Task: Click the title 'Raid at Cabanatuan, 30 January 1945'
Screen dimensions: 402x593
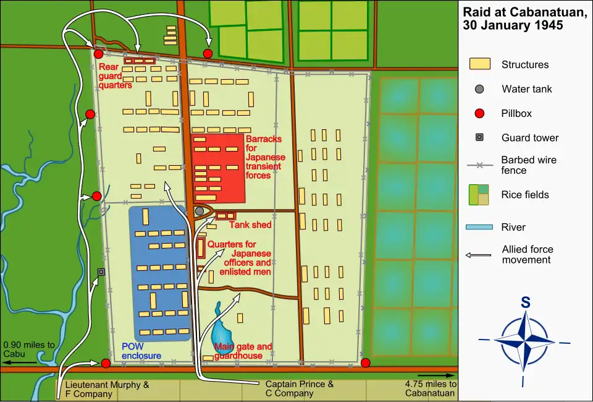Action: coord(525,19)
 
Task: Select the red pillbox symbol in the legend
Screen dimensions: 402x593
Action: coord(479,113)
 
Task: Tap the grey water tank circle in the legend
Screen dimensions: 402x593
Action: coord(479,89)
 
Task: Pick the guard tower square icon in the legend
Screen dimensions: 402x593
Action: coord(479,138)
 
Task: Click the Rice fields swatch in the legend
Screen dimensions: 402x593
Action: coord(479,195)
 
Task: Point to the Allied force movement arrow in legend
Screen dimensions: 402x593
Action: coord(479,255)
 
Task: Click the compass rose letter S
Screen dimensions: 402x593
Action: coord(525,303)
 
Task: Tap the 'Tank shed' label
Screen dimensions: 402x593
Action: coord(250,225)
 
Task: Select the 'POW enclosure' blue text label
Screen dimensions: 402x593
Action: coord(141,351)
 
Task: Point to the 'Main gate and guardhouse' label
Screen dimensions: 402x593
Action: coord(243,351)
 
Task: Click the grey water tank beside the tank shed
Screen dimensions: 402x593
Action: coord(200,212)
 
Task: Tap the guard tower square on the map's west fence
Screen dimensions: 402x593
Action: coord(101,272)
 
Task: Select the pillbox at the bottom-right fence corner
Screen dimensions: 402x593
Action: coord(366,362)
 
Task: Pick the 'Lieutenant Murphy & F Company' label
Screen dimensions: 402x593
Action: coord(103,388)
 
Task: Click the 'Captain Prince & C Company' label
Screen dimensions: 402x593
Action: coord(300,388)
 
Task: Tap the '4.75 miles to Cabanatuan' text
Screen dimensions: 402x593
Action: coord(431,388)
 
